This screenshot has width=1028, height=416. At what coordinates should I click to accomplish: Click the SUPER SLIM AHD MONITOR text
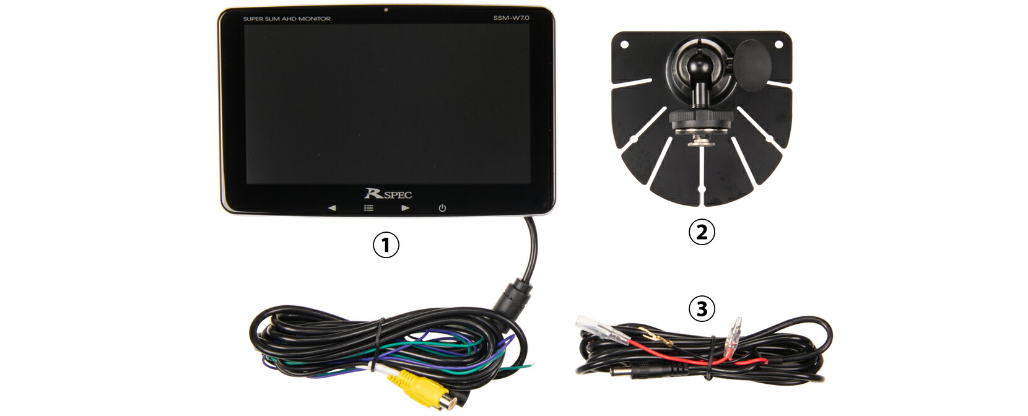pos(286,19)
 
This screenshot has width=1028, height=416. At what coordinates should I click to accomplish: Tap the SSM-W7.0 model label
pos(512,18)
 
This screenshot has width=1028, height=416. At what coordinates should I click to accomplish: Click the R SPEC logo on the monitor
pos(388,194)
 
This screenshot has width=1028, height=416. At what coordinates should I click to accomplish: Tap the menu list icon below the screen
pos(368,208)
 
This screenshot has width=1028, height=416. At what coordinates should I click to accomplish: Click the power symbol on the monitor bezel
pos(442,208)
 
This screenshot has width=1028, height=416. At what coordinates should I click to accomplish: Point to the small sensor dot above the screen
pos(386,10)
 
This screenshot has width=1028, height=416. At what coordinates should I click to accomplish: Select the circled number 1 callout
pos(386,245)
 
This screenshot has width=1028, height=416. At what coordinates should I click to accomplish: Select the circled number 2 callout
pos(702,232)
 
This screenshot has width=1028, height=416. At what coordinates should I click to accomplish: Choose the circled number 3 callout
pos(702,309)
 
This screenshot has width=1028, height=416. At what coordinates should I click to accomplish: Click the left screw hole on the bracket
pos(625,45)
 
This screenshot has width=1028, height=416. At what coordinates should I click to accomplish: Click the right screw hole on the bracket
pos(779,45)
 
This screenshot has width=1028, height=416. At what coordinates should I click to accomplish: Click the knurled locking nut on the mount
pos(697,119)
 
